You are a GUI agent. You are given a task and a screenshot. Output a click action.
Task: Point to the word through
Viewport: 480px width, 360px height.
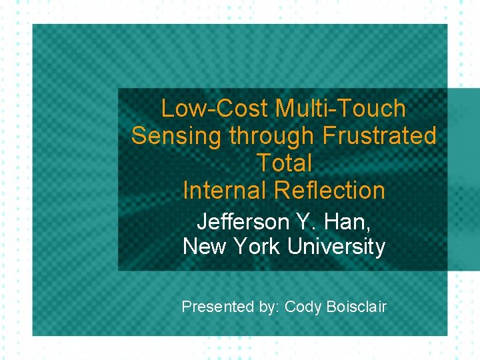click(x=271, y=136)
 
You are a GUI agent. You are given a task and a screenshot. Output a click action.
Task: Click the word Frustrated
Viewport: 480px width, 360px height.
click(x=379, y=136)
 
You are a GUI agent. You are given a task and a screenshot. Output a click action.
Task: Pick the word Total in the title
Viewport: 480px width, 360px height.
click(x=284, y=163)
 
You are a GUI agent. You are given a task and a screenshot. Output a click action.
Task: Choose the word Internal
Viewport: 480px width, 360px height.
click(x=224, y=190)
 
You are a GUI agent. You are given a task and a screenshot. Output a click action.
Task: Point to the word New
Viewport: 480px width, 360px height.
click(x=205, y=247)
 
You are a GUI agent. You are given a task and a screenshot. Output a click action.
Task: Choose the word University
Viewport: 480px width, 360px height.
click(x=337, y=247)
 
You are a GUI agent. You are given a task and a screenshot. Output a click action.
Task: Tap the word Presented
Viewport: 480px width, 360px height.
click(x=217, y=307)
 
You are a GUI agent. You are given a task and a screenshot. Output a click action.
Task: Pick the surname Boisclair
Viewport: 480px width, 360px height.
click(x=357, y=307)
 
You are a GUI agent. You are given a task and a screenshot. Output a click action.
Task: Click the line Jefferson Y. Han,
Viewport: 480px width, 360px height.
click(x=284, y=221)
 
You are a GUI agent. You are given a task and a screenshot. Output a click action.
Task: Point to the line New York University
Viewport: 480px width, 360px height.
click(x=284, y=247)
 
